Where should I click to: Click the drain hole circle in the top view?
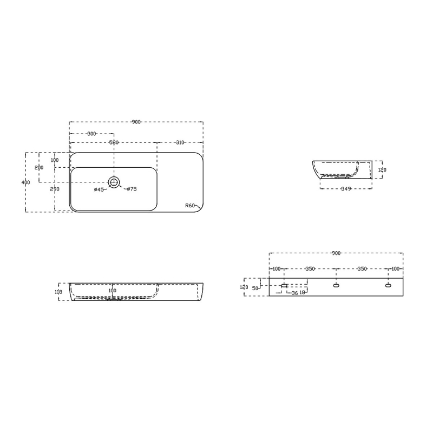(114, 182)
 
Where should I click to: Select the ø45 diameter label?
(99, 189)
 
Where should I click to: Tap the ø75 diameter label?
(131, 189)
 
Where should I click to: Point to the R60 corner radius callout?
(189, 206)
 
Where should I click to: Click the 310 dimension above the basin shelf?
(180, 142)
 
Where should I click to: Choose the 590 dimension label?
(114, 142)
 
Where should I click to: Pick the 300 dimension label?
(91, 134)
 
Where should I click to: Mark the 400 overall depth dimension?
(25, 182)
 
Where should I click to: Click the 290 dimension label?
(55, 189)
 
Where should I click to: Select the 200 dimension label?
(39, 168)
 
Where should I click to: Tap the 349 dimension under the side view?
(346, 189)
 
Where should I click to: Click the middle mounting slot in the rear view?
(336, 285)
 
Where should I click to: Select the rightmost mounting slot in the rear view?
(388, 285)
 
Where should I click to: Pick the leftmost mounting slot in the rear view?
(284, 285)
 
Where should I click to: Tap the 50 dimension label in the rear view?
(255, 288)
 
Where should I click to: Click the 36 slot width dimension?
(294, 293)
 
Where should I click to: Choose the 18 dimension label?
(303, 293)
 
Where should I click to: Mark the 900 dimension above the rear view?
(336, 253)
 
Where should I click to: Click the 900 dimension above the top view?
(136, 122)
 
